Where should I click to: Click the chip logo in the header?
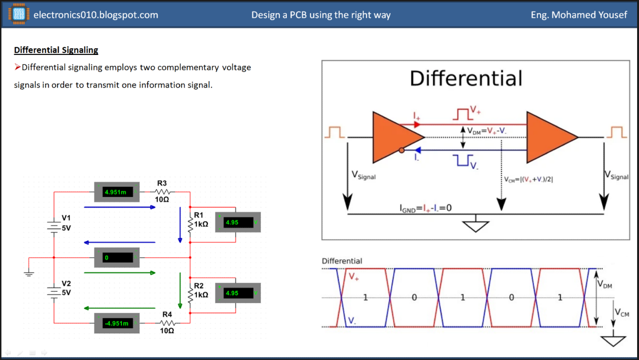[x=19, y=14]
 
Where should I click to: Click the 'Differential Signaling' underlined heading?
[x=56, y=50]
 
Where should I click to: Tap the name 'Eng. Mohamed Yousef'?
[x=579, y=15]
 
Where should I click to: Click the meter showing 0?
[x=117, y=258]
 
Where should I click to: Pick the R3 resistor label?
[x=162, y=183]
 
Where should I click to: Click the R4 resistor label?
[x=167, y=314]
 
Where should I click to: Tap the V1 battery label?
[x=66, y=218]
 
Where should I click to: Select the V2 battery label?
[x=66, y=283]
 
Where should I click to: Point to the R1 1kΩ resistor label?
[x=201, y=220]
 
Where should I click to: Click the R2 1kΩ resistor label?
[x=201, y=290]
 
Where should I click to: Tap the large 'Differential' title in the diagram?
[x=466, y=78]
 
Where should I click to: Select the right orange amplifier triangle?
[x=549, y=137]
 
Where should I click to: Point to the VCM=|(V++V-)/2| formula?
[x=528, y=180]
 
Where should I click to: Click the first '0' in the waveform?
[x=414, y=297]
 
